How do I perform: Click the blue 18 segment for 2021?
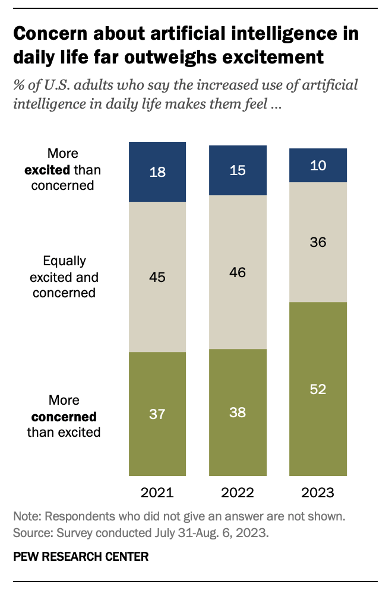(x=157, y=172)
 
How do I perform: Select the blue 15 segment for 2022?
(x=238, y=170)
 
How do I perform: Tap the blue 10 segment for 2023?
(x=318, y=165)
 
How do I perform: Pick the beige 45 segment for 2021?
(x=157, y=277)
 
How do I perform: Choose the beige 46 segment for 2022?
(x=238, y=272)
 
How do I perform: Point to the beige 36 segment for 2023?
(x=318, y=242)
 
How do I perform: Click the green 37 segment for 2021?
(x=157, y=414)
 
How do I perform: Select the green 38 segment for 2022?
(x=238, y=412)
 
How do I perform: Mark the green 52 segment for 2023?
(x=318, y=389)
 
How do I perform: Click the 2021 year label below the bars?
(x=157, y=493)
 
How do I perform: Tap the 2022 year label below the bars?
(x=238, y=493)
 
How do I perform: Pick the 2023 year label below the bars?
(x=318, y=493)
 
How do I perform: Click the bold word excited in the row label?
(x=48, y=170)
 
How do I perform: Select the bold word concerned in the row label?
(x=64, y=417)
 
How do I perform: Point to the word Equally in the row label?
(x=64, y=262)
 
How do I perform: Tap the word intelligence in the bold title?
(x=284, y=34)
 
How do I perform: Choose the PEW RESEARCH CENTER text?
(x=81, y=557)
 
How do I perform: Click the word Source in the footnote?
(x=33, y=533)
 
